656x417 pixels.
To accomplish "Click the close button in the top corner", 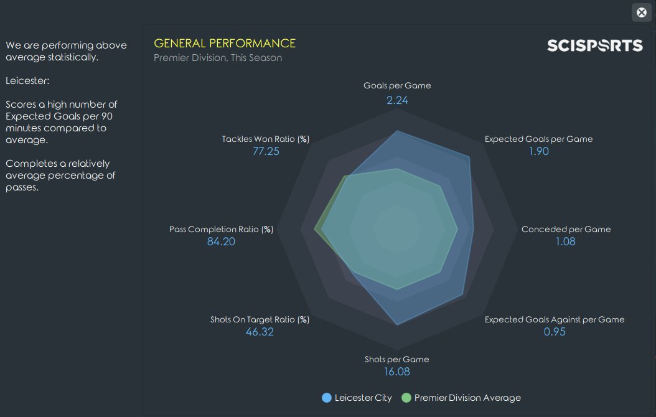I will tap(641, 12).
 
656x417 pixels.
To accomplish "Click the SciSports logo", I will tap(594, 45).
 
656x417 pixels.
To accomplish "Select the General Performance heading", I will tap(225, 43).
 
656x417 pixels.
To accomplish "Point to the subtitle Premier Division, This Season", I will tap(218, 58).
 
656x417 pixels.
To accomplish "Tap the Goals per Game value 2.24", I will tap(397, 100).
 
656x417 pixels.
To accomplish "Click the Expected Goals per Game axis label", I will tap(538, 139).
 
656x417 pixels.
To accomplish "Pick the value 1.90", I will tap(538, 151).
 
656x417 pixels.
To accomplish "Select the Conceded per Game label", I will tap(566, 229).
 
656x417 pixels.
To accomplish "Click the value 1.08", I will tap(566, 241).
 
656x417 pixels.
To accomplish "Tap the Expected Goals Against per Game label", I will tap(555, 319).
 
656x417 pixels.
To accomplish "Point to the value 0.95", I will tap(555, 332).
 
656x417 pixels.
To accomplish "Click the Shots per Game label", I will tap(397, 359).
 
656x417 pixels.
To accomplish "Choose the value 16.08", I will tap(397, 372).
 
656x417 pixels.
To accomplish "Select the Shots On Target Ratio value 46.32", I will tap(260, 332).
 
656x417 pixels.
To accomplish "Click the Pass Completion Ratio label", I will tap(221, 229).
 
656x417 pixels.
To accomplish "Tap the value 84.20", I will tap(221, 241).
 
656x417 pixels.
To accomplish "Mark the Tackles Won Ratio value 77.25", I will tap(266, 151).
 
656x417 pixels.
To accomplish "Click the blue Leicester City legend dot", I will tap(327, 398).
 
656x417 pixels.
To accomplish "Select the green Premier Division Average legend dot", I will tap(406, 398).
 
